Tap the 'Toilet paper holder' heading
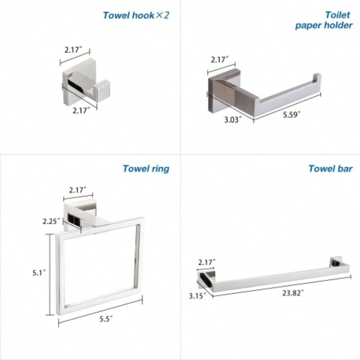click(x=324, y=20)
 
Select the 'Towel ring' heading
click(x=146, y=168)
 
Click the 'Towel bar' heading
click(x=330, y=168)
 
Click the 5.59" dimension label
click(x=291, y=115)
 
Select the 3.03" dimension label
click(x=232, y=119)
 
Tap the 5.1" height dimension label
click(x=39, y=273)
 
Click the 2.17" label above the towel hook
click(x=73, y=50)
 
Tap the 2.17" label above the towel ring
click(x=78, y=190)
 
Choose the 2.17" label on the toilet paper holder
click(x=220, y=59)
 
